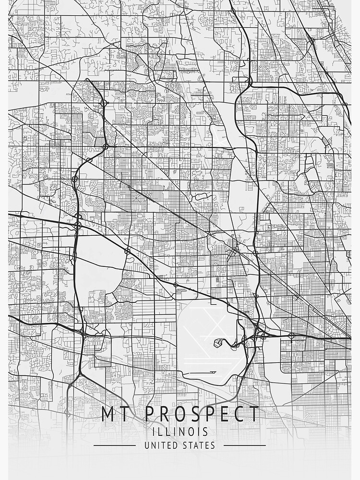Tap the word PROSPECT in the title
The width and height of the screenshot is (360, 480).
[x=202, y=414]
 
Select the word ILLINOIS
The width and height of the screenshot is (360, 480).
[x=180, y=432]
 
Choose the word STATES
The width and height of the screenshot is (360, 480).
[x=199, y=445]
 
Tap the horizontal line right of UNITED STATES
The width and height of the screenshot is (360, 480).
[x=245, y=445]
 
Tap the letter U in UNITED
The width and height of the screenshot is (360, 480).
[x=147, y=445]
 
